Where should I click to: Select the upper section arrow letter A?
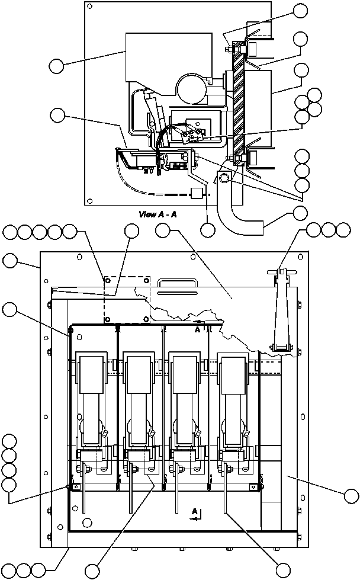[197, 331]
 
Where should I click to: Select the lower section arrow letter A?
[194, 510]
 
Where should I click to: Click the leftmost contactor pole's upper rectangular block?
[89, 374]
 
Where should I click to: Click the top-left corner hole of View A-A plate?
[89, 7]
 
